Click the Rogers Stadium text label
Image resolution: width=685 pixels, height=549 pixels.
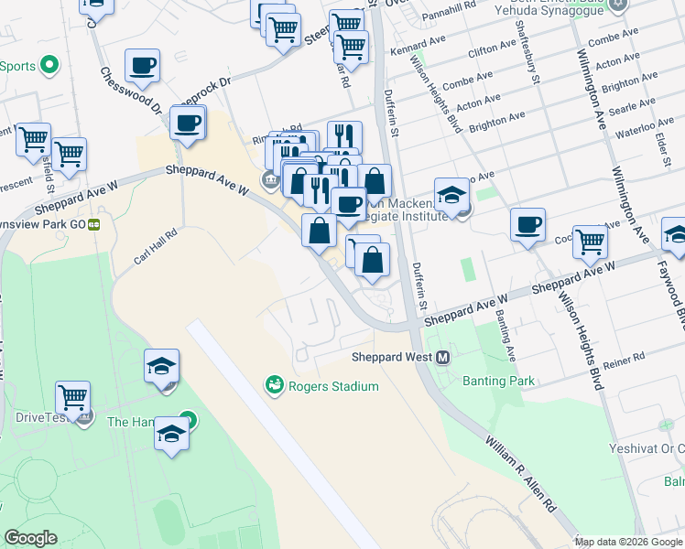point(333,386)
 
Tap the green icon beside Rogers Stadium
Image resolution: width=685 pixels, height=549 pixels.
point(274,386)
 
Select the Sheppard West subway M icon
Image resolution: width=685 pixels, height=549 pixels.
point(443,357)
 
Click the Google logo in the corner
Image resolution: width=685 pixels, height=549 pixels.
point(30,538)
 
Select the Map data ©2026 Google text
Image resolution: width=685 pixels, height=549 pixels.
point(628,542)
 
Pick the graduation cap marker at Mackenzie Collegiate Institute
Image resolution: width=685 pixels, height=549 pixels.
point(451,196)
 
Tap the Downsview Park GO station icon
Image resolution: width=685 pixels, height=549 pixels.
point(93,223)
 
